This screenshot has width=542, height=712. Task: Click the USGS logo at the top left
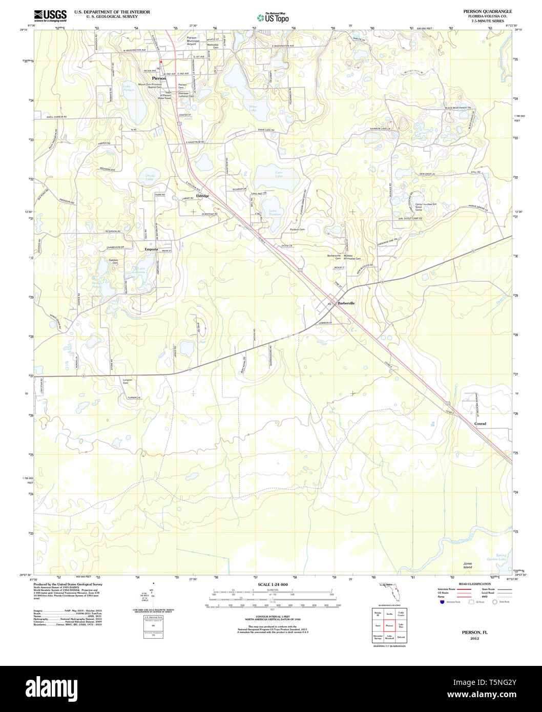click(x=50, y=15)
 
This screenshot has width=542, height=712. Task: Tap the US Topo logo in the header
click(x=273, y=17)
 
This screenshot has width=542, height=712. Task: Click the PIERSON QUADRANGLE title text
click(x=487, y=11)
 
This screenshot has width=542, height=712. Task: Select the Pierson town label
click(x=159, y=78)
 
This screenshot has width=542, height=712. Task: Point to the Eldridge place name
click(x=203, y=196)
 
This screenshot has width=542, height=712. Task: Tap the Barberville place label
click(x=346, y=303)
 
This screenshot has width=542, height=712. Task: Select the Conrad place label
click(x=480, y=424)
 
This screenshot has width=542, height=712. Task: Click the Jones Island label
click(x=467, y=566)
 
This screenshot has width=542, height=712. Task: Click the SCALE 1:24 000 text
click(x=273, y=584)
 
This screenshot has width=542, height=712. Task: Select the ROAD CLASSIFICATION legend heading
click(x=474, y=584)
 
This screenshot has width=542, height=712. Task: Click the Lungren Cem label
click(x=128, y=381)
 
